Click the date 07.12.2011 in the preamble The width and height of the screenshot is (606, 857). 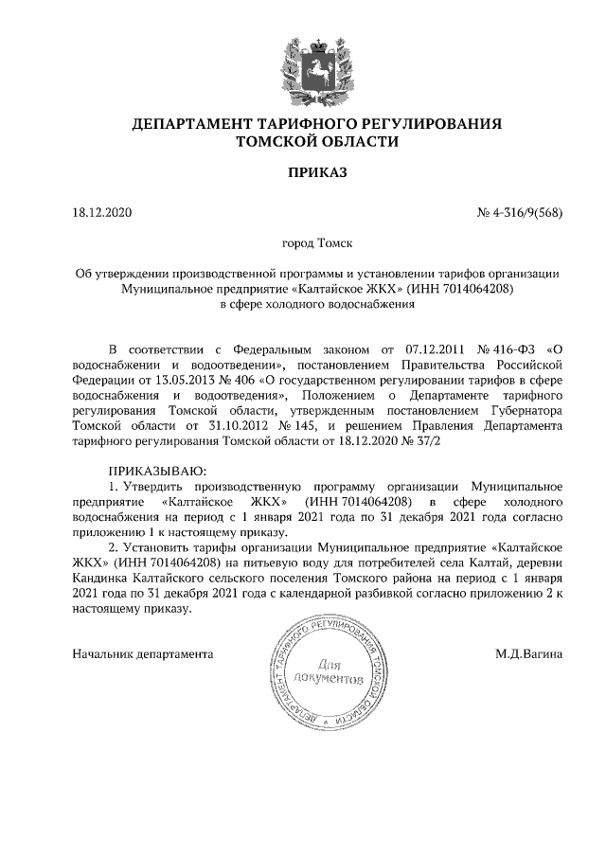tap(420, 348)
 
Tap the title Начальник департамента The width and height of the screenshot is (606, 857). tap(143, 653)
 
